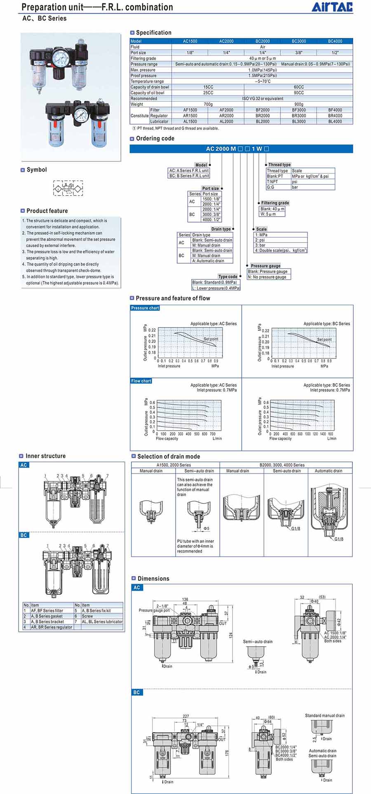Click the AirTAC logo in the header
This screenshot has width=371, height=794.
coord(337,7)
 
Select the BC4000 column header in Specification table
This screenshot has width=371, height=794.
coord(335,41)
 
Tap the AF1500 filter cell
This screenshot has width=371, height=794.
coord(190,110)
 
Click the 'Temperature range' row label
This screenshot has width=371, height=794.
coord(147,81)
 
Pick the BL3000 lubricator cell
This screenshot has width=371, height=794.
coord(298,122)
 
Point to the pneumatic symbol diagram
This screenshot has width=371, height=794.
coord(68,188)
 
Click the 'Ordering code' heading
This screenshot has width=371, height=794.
coord(155,139)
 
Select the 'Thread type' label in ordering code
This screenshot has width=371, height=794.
coord(279,165)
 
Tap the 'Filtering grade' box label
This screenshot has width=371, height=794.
coord(275,203)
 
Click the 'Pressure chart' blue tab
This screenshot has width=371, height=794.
coord(145,308)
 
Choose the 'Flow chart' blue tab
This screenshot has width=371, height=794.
coord(141,381)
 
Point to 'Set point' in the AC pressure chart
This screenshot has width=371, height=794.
coord(211,339)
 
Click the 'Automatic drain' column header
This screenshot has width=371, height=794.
coord(328,471)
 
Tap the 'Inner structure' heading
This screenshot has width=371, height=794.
coord(45,456)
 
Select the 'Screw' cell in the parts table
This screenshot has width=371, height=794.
coord(87,616)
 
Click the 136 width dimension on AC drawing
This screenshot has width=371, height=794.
coord(185,599)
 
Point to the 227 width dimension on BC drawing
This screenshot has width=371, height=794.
coord(186,716)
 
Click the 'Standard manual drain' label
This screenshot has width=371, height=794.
coord(324,716)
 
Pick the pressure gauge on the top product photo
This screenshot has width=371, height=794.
coord(59,55)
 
